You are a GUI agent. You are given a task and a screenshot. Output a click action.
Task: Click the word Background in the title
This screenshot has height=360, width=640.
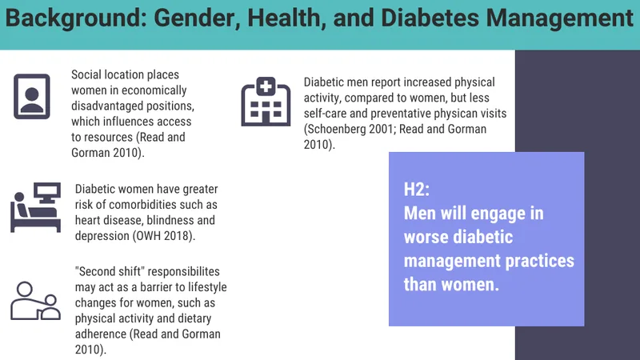pos(76,18)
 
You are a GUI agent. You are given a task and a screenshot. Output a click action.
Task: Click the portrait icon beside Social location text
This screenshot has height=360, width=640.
pos(32,96)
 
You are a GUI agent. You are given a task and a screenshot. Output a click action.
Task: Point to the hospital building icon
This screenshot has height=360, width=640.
pos(266,102)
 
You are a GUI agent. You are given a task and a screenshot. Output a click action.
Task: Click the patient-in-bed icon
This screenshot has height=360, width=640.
pos(35,207)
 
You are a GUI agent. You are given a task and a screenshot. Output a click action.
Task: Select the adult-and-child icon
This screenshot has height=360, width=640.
pos(35,301)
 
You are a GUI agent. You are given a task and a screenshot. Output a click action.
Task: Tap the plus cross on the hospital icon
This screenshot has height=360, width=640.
pos(266,86)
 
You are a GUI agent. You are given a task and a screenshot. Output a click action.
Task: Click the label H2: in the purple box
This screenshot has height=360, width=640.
pos(417,190)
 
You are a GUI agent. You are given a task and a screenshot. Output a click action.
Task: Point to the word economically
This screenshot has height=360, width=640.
pos(154,90)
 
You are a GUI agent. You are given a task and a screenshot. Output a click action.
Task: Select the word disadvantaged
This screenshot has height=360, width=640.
pos(109,106)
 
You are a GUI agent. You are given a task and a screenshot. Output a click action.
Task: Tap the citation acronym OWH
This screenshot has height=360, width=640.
pos(150,236)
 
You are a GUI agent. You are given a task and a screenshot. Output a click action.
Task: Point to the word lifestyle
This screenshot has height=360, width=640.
pos(202,287)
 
